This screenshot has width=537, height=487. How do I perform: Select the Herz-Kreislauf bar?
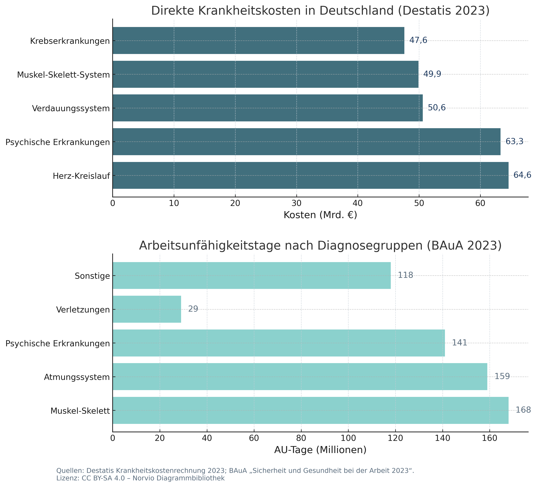pos(310,175)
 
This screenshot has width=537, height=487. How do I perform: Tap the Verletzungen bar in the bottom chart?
pos(147,309)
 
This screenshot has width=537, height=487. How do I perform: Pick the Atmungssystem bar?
pos(300,377)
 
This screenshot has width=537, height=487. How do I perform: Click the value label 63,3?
pos(514,141)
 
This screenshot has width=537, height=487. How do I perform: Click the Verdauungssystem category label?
pos(71,108)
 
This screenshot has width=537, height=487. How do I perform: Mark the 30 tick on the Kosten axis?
pos(296,203)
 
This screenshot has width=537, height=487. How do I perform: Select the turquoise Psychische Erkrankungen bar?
pos(278,343)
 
